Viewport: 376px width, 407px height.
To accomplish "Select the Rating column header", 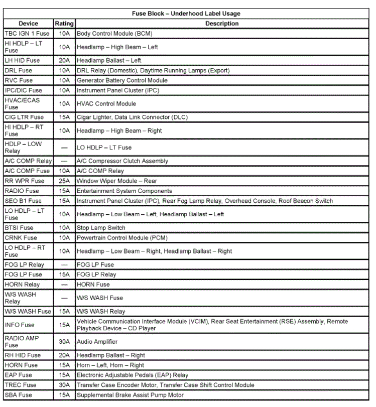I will (x=64, y=24).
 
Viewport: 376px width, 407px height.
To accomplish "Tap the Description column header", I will (x=221, y=24).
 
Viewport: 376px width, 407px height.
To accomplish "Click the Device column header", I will (x=28, y=24).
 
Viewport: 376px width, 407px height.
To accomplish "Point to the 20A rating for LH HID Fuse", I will (x=64, y=60).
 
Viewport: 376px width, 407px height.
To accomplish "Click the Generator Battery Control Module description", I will (x=122, y=80).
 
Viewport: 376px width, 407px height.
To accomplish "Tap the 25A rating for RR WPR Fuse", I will (x=64, y=181).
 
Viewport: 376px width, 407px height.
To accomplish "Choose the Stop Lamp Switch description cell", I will (x=101, y=228).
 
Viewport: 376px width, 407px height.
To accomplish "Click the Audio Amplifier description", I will (x=97, y=342).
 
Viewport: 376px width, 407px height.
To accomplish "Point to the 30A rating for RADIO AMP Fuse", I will (x=64, y=342).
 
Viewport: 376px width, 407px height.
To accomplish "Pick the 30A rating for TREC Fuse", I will (x=64, y=385).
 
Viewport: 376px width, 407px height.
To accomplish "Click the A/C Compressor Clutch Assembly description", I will (x=122, y=161).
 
